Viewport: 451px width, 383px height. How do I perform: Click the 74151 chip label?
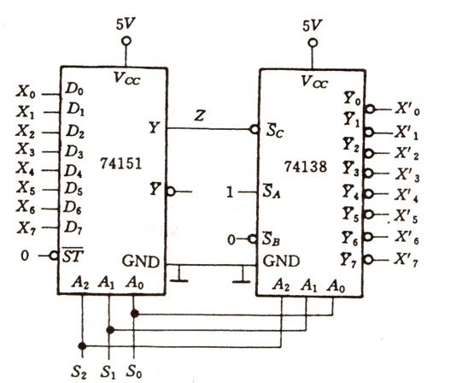pos(120,164)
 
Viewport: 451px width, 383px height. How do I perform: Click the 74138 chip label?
pos(306,167)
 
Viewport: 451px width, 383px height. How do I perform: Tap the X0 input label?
pos(26,92)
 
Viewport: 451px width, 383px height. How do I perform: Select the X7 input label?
pos(26,228)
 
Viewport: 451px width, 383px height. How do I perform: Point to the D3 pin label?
pos(74,151)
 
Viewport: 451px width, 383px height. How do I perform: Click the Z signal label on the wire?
pos(200,115)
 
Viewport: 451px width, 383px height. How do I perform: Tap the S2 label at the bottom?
pos(79,372)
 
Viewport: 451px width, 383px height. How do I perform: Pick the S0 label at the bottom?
pos(134,371)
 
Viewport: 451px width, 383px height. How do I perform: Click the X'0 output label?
pos(407,109)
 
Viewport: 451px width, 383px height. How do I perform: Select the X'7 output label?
pos(406,260)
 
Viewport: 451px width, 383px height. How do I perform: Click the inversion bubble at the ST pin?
pos(54,256)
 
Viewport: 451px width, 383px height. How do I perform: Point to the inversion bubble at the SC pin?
pos(255,129)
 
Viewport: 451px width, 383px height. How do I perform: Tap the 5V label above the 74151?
pos(126,24)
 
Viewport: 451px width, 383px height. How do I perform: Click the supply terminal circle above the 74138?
pos(313,44)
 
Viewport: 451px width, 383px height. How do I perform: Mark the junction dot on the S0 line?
pos(135,314)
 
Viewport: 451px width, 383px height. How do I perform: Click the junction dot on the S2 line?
pos(82,345)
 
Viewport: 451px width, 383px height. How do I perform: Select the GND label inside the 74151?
pos(140,262)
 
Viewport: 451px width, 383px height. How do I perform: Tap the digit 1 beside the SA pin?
pos(230,191)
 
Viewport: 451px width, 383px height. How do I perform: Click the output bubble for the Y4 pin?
pos(368,194)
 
